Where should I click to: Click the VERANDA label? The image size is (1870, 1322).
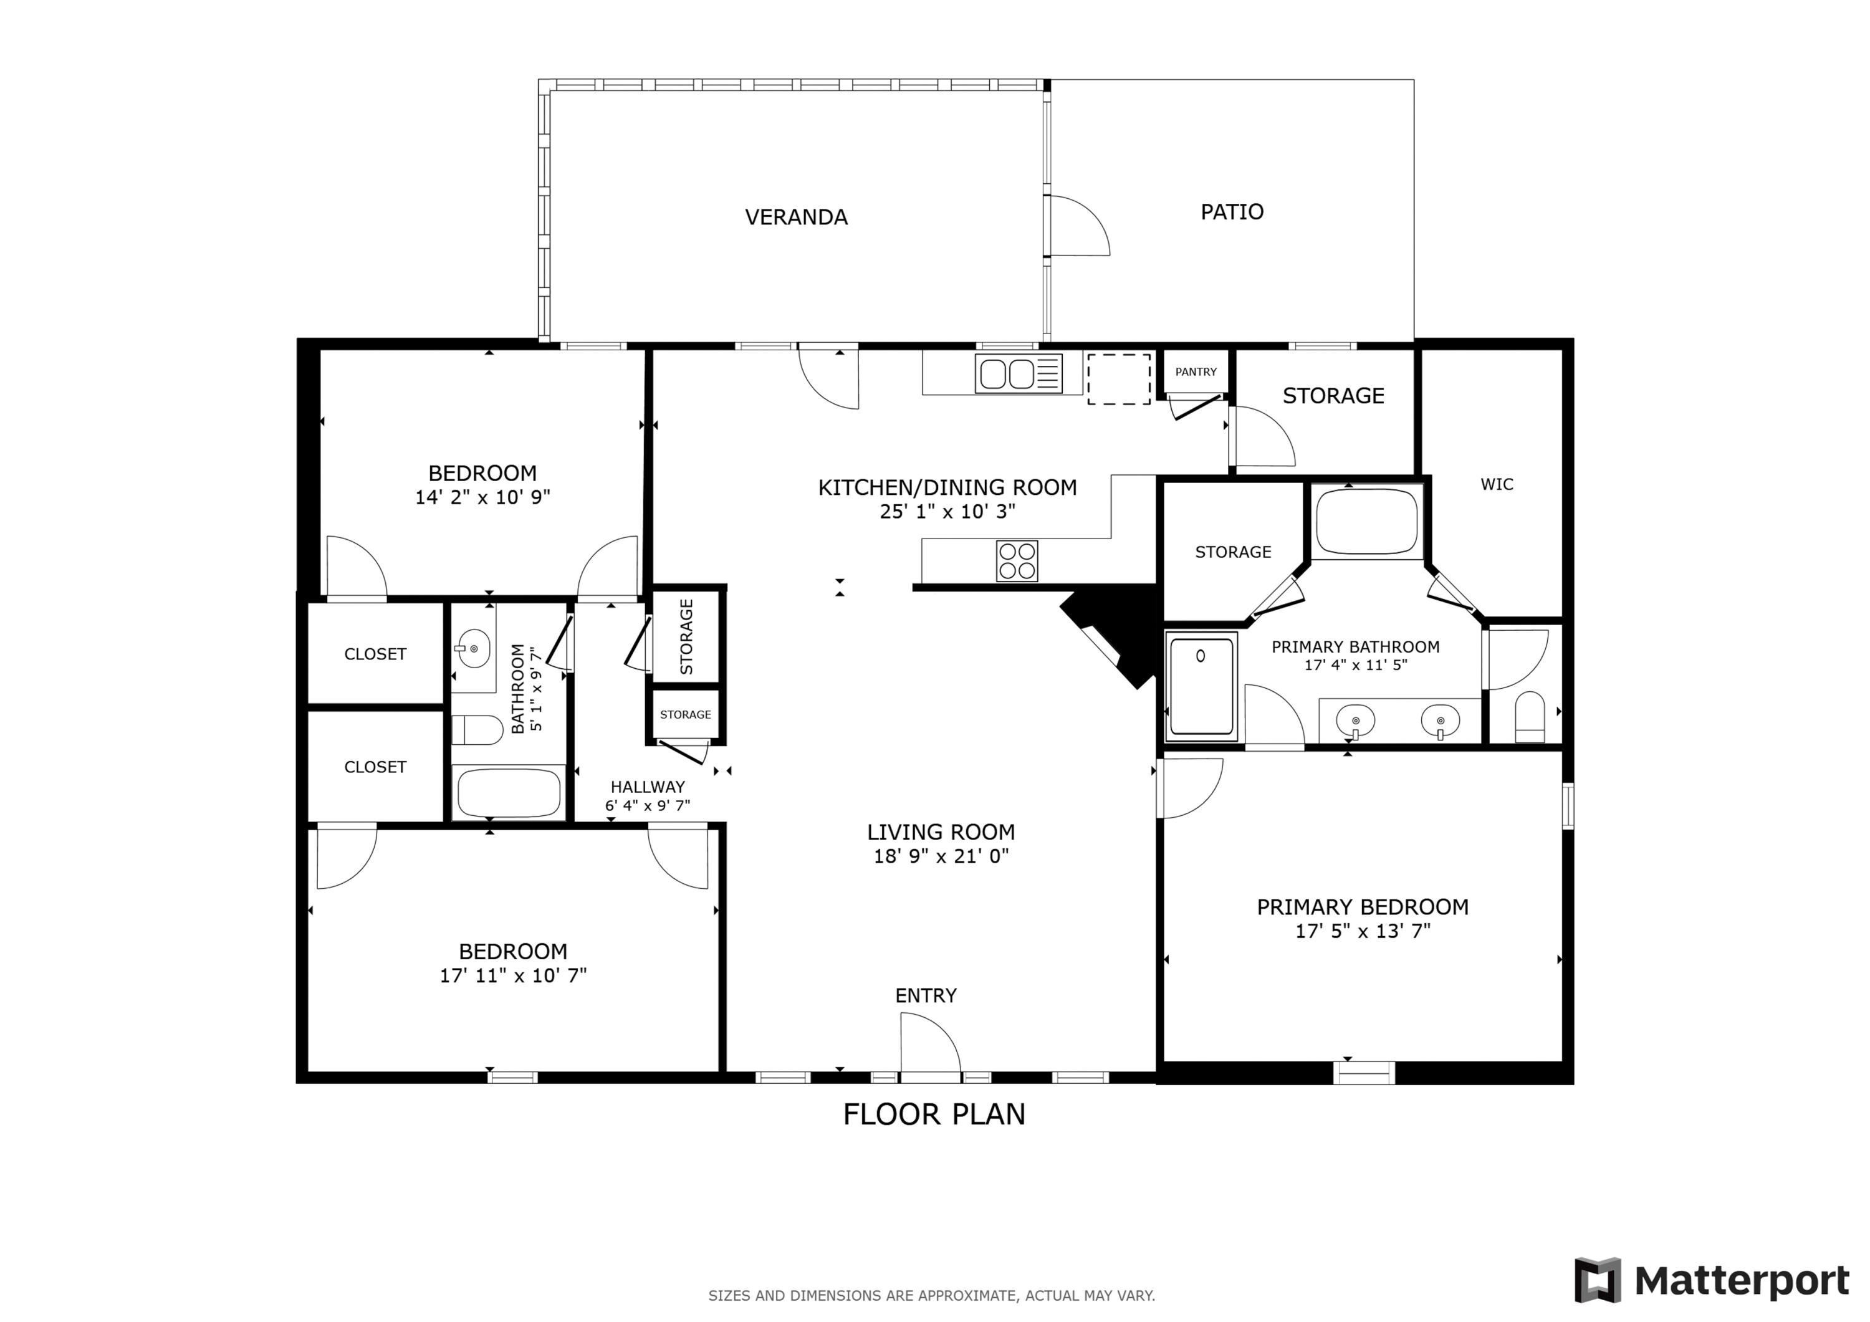[x=796, y=218]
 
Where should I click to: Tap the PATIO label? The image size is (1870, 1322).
[x=1232, y=212]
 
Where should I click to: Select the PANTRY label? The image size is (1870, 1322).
[x=1196, y=372]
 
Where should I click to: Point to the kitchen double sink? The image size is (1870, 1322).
[x=1018, y=374]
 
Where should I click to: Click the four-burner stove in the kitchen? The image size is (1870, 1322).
[x=1017, y=560]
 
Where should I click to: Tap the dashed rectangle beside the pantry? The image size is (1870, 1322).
[x=1118, y=379]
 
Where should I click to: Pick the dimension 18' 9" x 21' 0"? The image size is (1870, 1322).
[x=941, y=856]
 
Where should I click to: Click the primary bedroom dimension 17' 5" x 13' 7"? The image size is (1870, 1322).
[x=1363, y=931]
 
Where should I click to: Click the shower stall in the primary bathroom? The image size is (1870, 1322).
[x=1201, y=687]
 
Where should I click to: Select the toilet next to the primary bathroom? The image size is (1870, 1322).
[x=1530, y=717]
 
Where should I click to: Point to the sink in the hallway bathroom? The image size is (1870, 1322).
[x=473, y=649]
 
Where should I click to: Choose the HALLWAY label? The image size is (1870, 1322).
[x=648, y=787]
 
